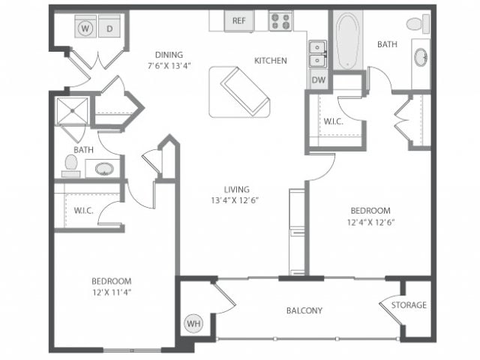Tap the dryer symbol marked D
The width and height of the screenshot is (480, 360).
109,28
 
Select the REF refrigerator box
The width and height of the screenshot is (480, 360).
238,21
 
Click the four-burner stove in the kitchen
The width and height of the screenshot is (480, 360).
280,21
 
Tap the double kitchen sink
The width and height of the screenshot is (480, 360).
316,52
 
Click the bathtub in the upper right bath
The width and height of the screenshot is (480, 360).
348,44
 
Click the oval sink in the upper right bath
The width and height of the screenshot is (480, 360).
421,58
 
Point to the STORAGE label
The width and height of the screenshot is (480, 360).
409,305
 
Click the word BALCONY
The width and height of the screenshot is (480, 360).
304,310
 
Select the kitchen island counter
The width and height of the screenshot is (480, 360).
239,91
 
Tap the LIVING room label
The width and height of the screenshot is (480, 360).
235,190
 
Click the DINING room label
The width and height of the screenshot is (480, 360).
169,54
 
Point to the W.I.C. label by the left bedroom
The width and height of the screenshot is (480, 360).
83,211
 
